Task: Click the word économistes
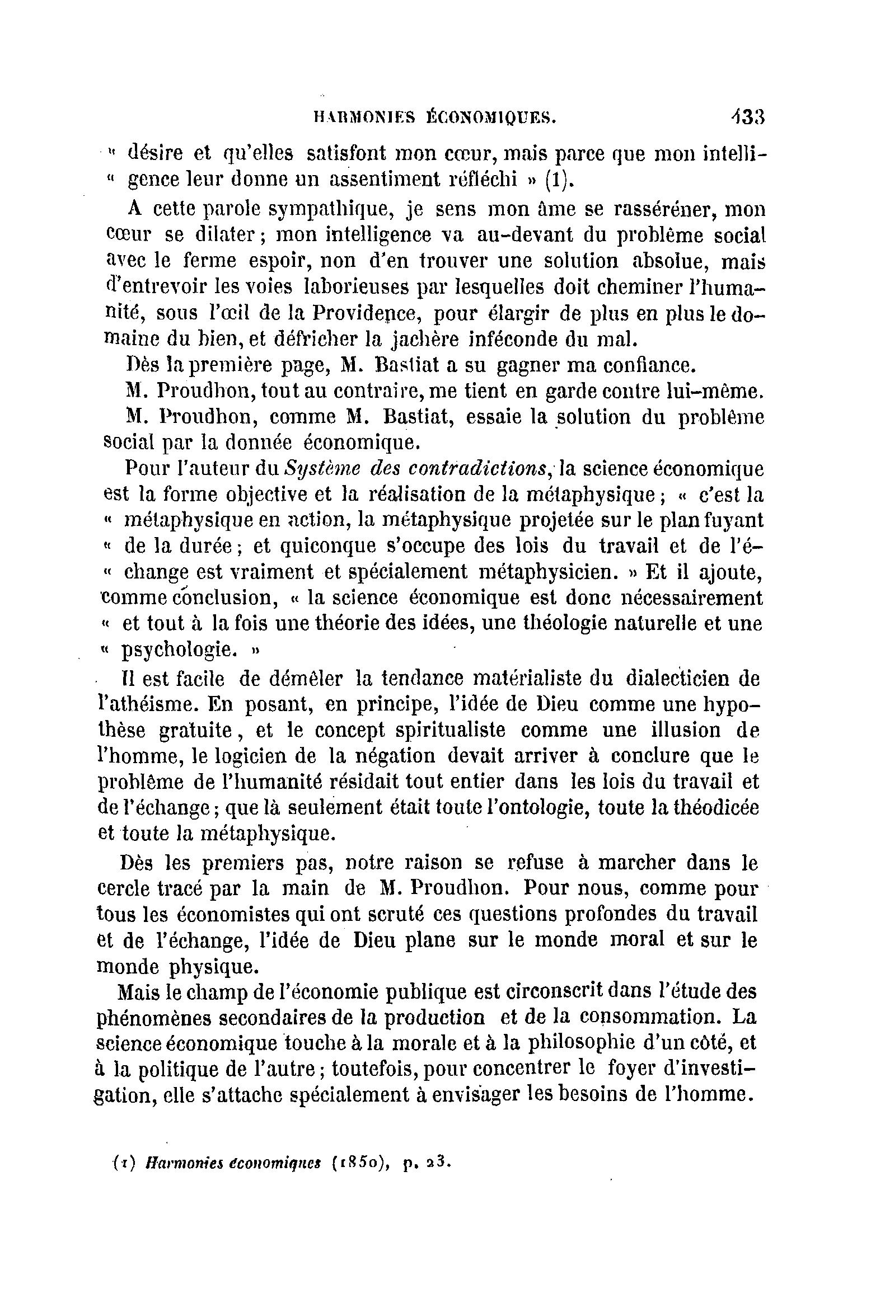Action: (231, 914)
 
